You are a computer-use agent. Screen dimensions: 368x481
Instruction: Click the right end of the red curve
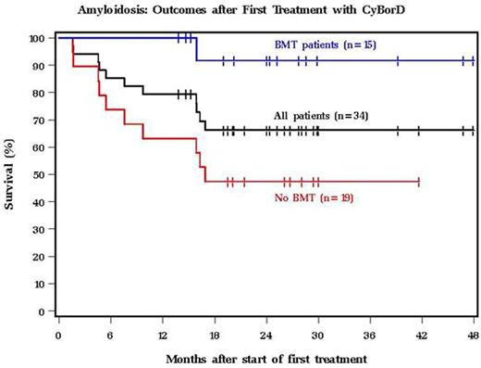pyautogui.click(x=419, y=182)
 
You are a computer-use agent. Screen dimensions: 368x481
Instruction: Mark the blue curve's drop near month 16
pyautogui.click(x=196, y=49)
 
